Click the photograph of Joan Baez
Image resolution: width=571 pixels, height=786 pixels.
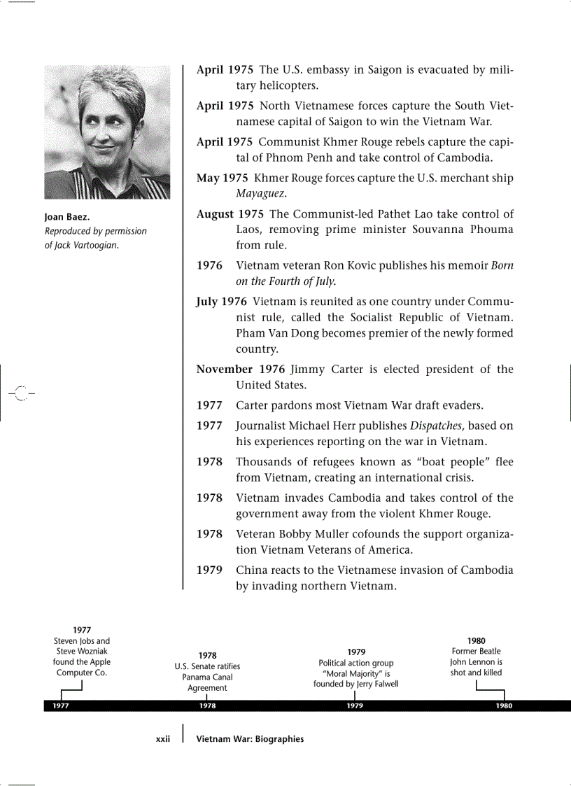pos(107,132)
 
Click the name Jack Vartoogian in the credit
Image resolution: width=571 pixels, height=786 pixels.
pos(87,245)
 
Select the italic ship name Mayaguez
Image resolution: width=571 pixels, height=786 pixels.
pos(262,193)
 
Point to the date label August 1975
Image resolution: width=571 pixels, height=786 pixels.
pos(230,214)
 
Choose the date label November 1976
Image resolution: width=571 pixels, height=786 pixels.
pos(241,370)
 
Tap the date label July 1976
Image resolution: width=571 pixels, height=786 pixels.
pos(221,302)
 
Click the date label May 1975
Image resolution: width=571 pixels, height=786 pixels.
pos(222,178)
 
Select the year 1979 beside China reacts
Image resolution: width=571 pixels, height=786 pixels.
pos(209,570)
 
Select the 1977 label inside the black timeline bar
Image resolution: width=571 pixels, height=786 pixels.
pos(60,706)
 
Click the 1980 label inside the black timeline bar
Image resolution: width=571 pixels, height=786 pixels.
pos(504,706)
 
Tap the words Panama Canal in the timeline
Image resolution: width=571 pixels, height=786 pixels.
pos(207,678)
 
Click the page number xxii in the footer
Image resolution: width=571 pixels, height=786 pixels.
pos(162,739)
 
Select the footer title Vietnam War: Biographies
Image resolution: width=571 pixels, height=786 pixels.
pos(250,739)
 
